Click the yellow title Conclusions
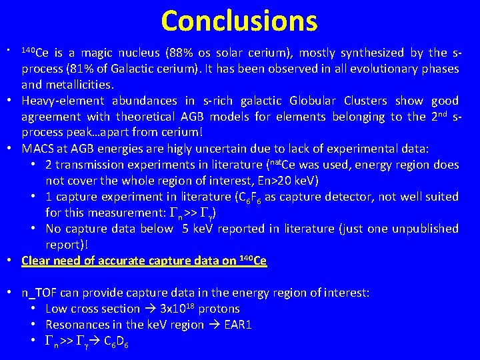[x=239, y=21]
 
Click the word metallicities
[x=79, y=85]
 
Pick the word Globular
[x=313, y=101]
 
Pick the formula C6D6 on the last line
[x=117, y=341]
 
